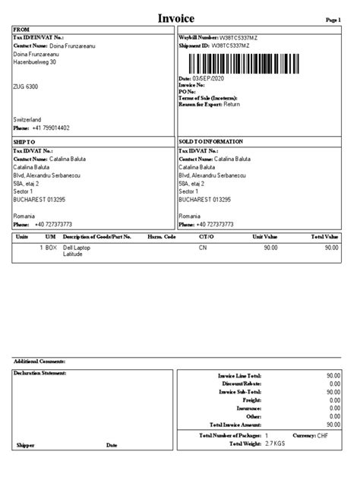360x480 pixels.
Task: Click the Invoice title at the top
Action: (x=176, y=17)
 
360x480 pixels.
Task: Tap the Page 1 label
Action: (x=334, y=20)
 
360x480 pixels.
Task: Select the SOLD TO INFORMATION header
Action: (x=211, y=142)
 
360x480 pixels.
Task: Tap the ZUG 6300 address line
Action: (x=26, y=87)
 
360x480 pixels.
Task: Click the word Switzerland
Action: (x=28, y=120)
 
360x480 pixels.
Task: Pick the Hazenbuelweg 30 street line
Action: (x=35, y=62)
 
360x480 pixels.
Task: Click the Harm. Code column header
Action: (x=161, y=237)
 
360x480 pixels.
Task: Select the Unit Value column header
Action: (x=265, y=237)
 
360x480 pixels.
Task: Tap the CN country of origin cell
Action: (x=203, y=248)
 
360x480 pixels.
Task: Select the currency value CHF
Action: (x=322, y=435)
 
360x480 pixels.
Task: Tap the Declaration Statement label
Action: (x=41, y=373)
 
